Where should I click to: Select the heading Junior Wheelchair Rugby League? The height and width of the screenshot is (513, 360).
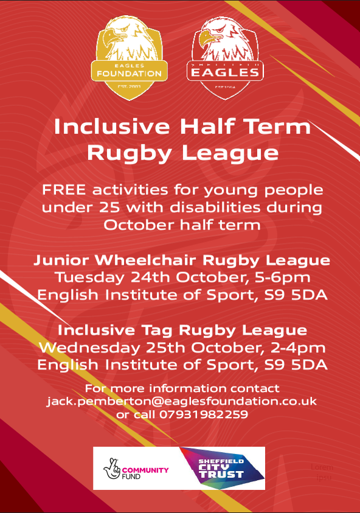point(182,260)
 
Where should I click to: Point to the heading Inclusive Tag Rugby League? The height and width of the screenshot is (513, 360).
point(182,330)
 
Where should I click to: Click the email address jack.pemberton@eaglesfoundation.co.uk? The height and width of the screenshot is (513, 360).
point(182,402)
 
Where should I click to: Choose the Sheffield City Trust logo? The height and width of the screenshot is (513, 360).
point(222,468)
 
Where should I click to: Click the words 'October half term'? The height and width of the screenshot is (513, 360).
point(182,225)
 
